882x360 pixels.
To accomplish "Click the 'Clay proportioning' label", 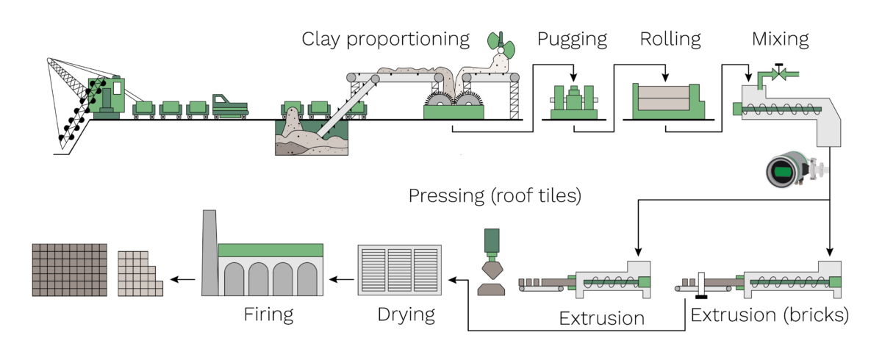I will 385,39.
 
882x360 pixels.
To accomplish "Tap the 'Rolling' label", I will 670,39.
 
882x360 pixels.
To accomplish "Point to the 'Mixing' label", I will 780,39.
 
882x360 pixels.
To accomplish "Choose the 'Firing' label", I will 268,315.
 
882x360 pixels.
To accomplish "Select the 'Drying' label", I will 406,315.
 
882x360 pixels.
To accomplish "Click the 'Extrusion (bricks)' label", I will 770,316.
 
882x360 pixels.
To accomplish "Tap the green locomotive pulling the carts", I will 229,105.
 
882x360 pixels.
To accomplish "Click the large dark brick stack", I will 70,269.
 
